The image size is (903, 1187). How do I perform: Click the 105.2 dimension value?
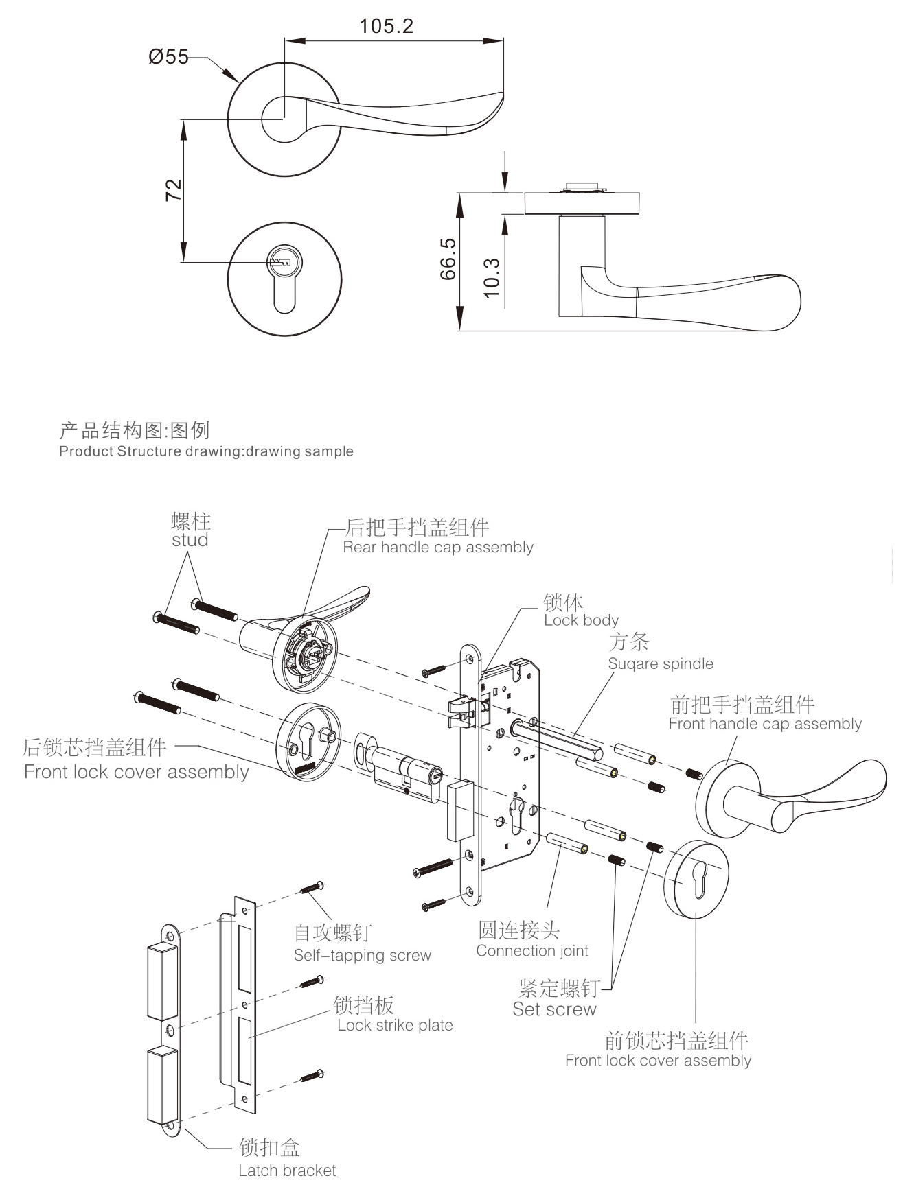[x=387, y=26]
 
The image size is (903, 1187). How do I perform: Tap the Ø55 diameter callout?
[x=168, y=57]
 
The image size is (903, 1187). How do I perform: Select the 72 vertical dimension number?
[x=174, y=189]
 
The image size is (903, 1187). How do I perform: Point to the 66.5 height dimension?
[x=448, y=259]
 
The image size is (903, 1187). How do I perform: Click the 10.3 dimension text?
[x=492, y=277]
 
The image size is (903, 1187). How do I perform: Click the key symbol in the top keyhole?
[x=282, y=261]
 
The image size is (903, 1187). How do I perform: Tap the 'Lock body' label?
[x=581, y=620]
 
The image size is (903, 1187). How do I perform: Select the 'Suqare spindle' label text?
[x=660, y=663]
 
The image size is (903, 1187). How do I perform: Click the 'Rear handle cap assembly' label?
[x=437, y=548]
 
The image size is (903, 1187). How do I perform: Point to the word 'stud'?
[x=190, y=540]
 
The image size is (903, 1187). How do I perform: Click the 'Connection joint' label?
[x=531, y=951]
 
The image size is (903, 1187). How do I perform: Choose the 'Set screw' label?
[x=554, y=1009]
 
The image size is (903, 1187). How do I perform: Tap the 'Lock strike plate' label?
[x=395, y=1025]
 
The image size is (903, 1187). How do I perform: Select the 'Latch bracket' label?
[x=287, y=1171]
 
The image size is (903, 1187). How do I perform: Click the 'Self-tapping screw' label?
[x=362, y=955]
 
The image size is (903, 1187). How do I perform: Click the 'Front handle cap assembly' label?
[x=764, y=724]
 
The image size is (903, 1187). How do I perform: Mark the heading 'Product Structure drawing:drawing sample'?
[x=206, y=451]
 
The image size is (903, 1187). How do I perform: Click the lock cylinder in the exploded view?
[x=405, y=773]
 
